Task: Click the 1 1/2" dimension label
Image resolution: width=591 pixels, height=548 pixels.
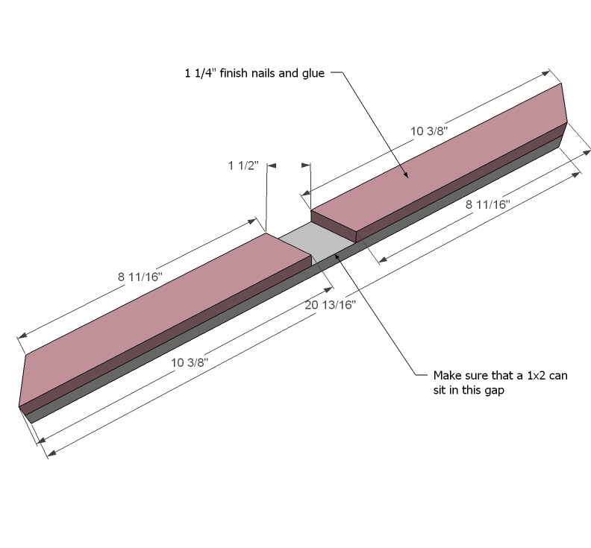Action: pyautogui.click(x=243, y=166)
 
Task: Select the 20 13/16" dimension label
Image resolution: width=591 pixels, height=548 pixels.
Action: pyautogui.click(x=330, y=305)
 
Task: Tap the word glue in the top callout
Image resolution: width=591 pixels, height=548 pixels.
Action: pyautogui.click(x=313, y=74)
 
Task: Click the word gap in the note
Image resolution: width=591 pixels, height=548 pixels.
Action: pyautogui.click(x=495, y=391)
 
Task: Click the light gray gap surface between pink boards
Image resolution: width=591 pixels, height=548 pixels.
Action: pyautogui.click(x=315, y=241)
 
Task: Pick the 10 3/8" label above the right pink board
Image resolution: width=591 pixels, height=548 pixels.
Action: pyautogui.click(x=429, y=131)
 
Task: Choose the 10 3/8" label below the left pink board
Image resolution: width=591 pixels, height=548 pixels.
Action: pyautogui.click(x=190, y=362)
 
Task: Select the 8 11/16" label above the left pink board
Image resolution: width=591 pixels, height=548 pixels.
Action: pyautogui.click(x=140, y=277)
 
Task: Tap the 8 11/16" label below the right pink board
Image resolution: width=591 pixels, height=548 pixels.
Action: pyautogui.click(x=488, y=204)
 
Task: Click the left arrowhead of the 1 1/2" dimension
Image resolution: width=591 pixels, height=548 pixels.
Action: pyautogui.click(x=272, y=166)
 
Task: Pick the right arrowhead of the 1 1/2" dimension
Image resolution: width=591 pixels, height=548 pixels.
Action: pyautogui.click(x=306, y=165)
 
